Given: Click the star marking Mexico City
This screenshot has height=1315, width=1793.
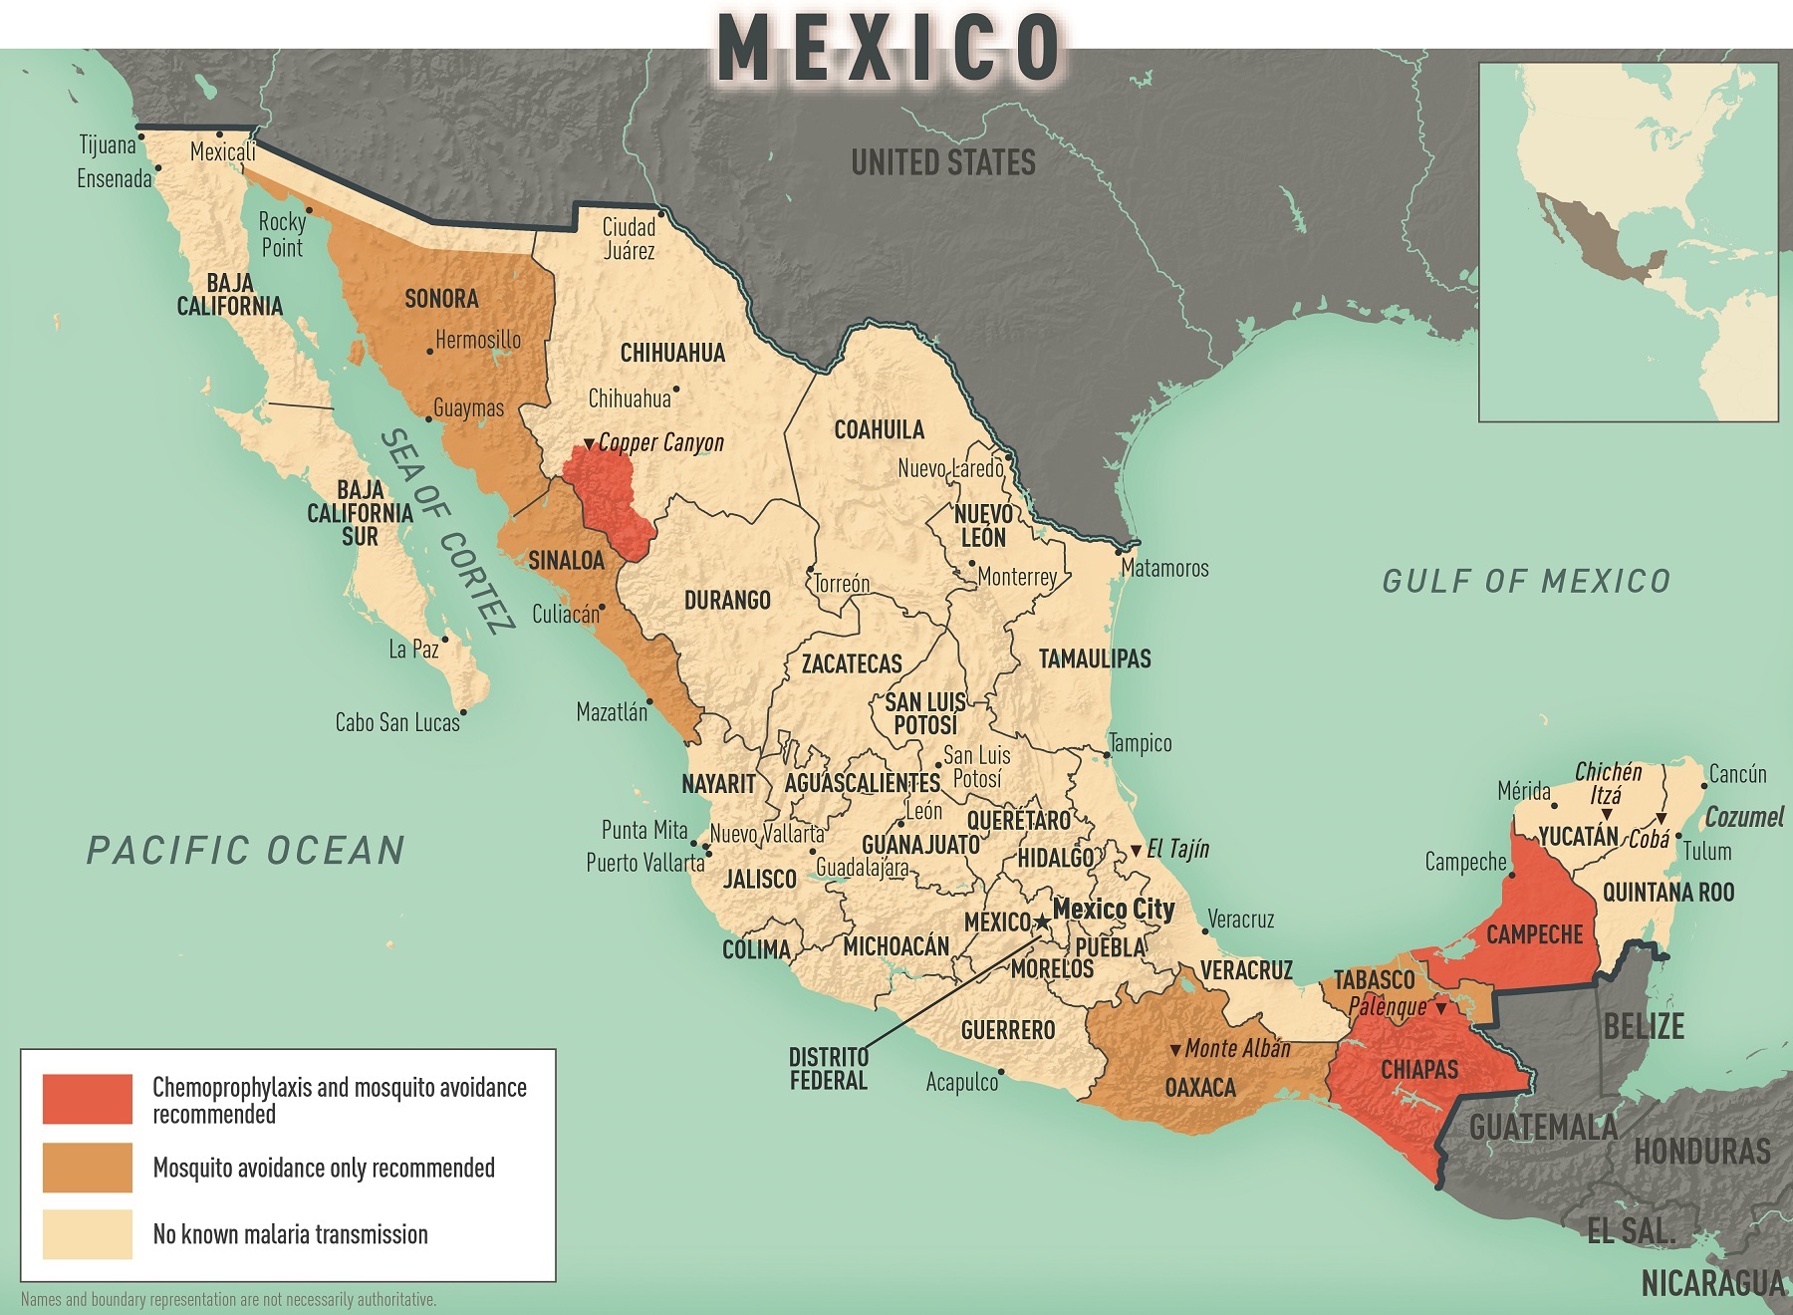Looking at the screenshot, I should coord(1042,921).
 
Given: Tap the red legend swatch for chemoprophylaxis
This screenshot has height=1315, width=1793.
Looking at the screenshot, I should coord(88,1099).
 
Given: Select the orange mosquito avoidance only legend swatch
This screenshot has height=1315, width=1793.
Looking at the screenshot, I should coord(88,1167).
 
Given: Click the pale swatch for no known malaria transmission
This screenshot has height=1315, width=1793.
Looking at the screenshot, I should coord(88,1234).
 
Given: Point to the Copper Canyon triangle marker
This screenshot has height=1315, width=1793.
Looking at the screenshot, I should coord(589,443).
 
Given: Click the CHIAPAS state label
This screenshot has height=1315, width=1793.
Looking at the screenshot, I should coord(1418,1070).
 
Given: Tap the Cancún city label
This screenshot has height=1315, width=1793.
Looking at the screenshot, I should coord(1737,774).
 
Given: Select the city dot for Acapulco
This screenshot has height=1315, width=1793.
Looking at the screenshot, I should coord(1001,1073).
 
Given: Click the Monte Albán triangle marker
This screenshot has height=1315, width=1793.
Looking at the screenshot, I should coord(1175,1050).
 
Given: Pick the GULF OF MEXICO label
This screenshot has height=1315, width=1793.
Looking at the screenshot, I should coord(1525,581).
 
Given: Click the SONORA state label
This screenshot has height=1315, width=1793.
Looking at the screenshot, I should coord(441,299).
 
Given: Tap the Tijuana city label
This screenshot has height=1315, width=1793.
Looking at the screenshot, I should coord(108,145).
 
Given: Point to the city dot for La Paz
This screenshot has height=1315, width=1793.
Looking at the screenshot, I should coord(445,640).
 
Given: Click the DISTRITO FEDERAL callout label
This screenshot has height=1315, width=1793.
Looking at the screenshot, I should coord(828,1069).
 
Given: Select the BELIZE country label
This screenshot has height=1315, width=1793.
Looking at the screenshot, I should coord(1644,1026).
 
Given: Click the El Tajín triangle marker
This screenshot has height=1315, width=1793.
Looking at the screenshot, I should coord(1136,851).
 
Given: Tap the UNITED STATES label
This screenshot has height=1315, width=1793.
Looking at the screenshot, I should coord(942,162).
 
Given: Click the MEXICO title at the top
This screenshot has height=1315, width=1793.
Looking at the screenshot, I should coord(890,47).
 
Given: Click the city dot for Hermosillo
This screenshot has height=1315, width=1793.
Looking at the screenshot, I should coord(429,352).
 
